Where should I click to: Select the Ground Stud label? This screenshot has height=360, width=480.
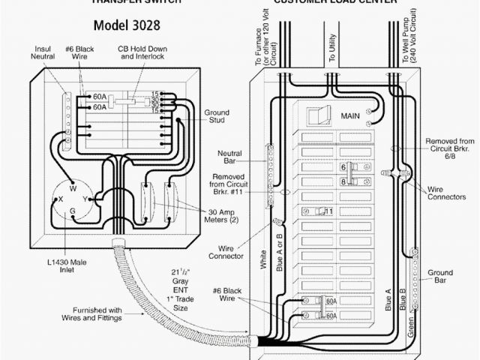point(217,117)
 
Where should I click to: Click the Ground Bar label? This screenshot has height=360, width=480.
point(440,276)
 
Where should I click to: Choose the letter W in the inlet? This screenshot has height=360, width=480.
point(73,188)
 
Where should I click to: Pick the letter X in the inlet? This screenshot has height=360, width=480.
point(59,199)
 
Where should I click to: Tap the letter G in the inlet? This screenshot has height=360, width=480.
point(73,212)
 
